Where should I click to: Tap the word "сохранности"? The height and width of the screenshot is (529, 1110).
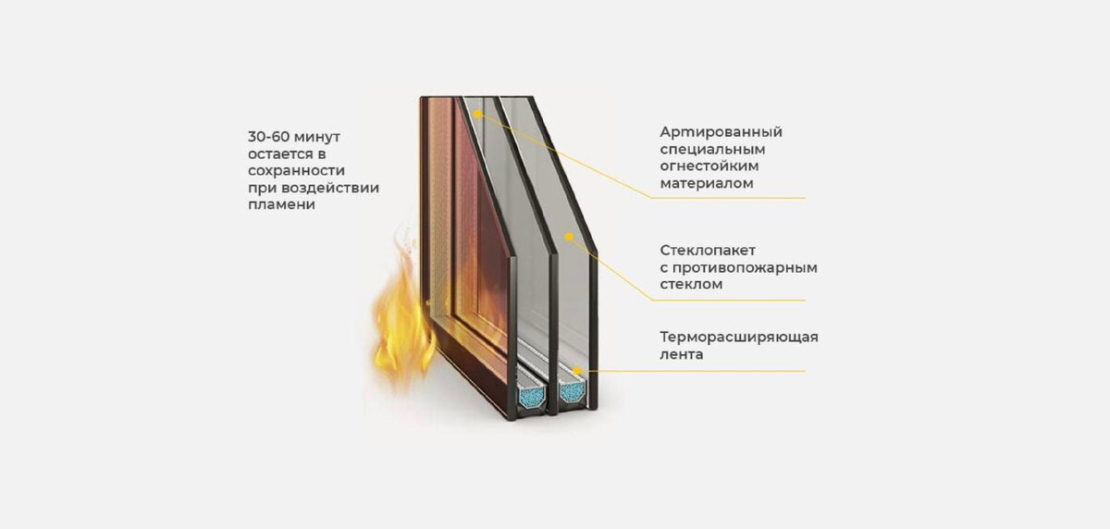pyautogui.click(x=296, y=170)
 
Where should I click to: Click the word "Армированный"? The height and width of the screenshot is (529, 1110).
pyautogui.click(x=721, y=131)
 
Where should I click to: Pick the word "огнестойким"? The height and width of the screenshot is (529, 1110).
pyautogui.click(x=709, y=166)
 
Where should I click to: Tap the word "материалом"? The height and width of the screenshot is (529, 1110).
pyautogui.click(x=707, y=184)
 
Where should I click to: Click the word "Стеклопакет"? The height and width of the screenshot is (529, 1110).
pyautogui.click(x=709, y=250)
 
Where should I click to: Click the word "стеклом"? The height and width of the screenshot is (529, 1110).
pyautogui.click(x=691, y=285)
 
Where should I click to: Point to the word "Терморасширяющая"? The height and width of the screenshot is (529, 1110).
pyautogui.click(x=739, y=336)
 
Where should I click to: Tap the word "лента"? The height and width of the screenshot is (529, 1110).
pyautogui.click(x=682, y=353)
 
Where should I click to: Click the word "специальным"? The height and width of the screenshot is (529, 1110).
pyautogui.click(x=706, y=149)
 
